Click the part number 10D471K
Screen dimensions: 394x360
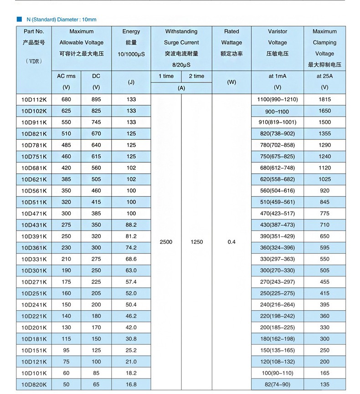34,213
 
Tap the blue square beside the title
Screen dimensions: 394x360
19,20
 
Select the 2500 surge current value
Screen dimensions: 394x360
166,242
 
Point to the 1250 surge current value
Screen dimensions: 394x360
196,242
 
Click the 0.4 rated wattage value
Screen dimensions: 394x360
231,242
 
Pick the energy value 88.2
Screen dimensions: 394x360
131,225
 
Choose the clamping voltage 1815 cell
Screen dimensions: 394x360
324,99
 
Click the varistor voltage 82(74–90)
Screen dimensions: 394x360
278,384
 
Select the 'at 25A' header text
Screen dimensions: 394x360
324,76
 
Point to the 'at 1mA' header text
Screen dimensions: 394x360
278,76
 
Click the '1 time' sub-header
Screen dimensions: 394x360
166,76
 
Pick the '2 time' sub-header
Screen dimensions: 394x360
196,76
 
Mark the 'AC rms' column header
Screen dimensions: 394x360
66,76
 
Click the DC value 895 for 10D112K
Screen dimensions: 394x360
96,99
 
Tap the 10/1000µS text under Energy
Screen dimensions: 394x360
131,54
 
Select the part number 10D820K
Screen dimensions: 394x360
34,384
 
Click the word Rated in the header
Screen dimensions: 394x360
231,31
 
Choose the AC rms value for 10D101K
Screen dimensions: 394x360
66,373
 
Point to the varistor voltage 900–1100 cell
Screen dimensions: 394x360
278,111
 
